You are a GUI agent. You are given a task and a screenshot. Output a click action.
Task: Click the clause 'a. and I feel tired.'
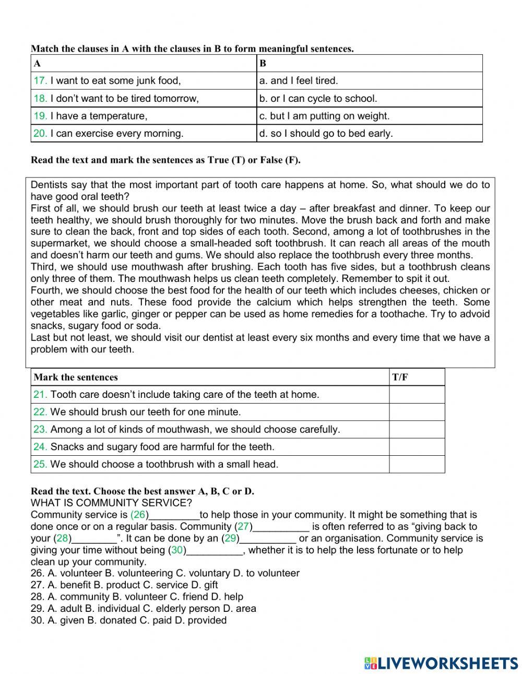pos(299,80)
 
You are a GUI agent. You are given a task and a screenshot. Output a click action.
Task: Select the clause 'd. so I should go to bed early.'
pos(326,133)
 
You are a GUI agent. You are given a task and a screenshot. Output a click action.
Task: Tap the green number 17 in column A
pos(40,80)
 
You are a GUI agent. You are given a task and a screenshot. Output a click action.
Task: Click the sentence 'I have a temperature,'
pos(99,116)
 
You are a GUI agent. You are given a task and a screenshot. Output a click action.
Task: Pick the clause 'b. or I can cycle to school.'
pos(318,98)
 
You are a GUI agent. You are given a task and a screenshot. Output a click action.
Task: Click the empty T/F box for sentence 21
pos(417,395)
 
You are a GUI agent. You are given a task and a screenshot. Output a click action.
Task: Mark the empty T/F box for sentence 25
pos(417,464)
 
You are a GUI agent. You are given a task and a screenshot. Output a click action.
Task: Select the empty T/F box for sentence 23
pos(417,430)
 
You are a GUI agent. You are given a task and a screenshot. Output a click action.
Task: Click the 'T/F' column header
pos(400,377)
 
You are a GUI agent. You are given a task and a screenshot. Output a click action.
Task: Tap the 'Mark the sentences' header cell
pos(76,377)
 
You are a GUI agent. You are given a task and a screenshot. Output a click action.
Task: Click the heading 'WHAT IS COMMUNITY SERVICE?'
pos(111,503)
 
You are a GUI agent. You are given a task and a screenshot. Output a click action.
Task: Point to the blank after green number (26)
pos(174,515)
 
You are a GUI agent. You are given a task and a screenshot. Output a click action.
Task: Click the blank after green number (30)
pos(215,550)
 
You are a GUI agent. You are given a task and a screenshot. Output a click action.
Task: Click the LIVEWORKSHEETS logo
pos(441,663)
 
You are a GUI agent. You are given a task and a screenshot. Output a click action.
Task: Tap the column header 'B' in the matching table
pos(263,64)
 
